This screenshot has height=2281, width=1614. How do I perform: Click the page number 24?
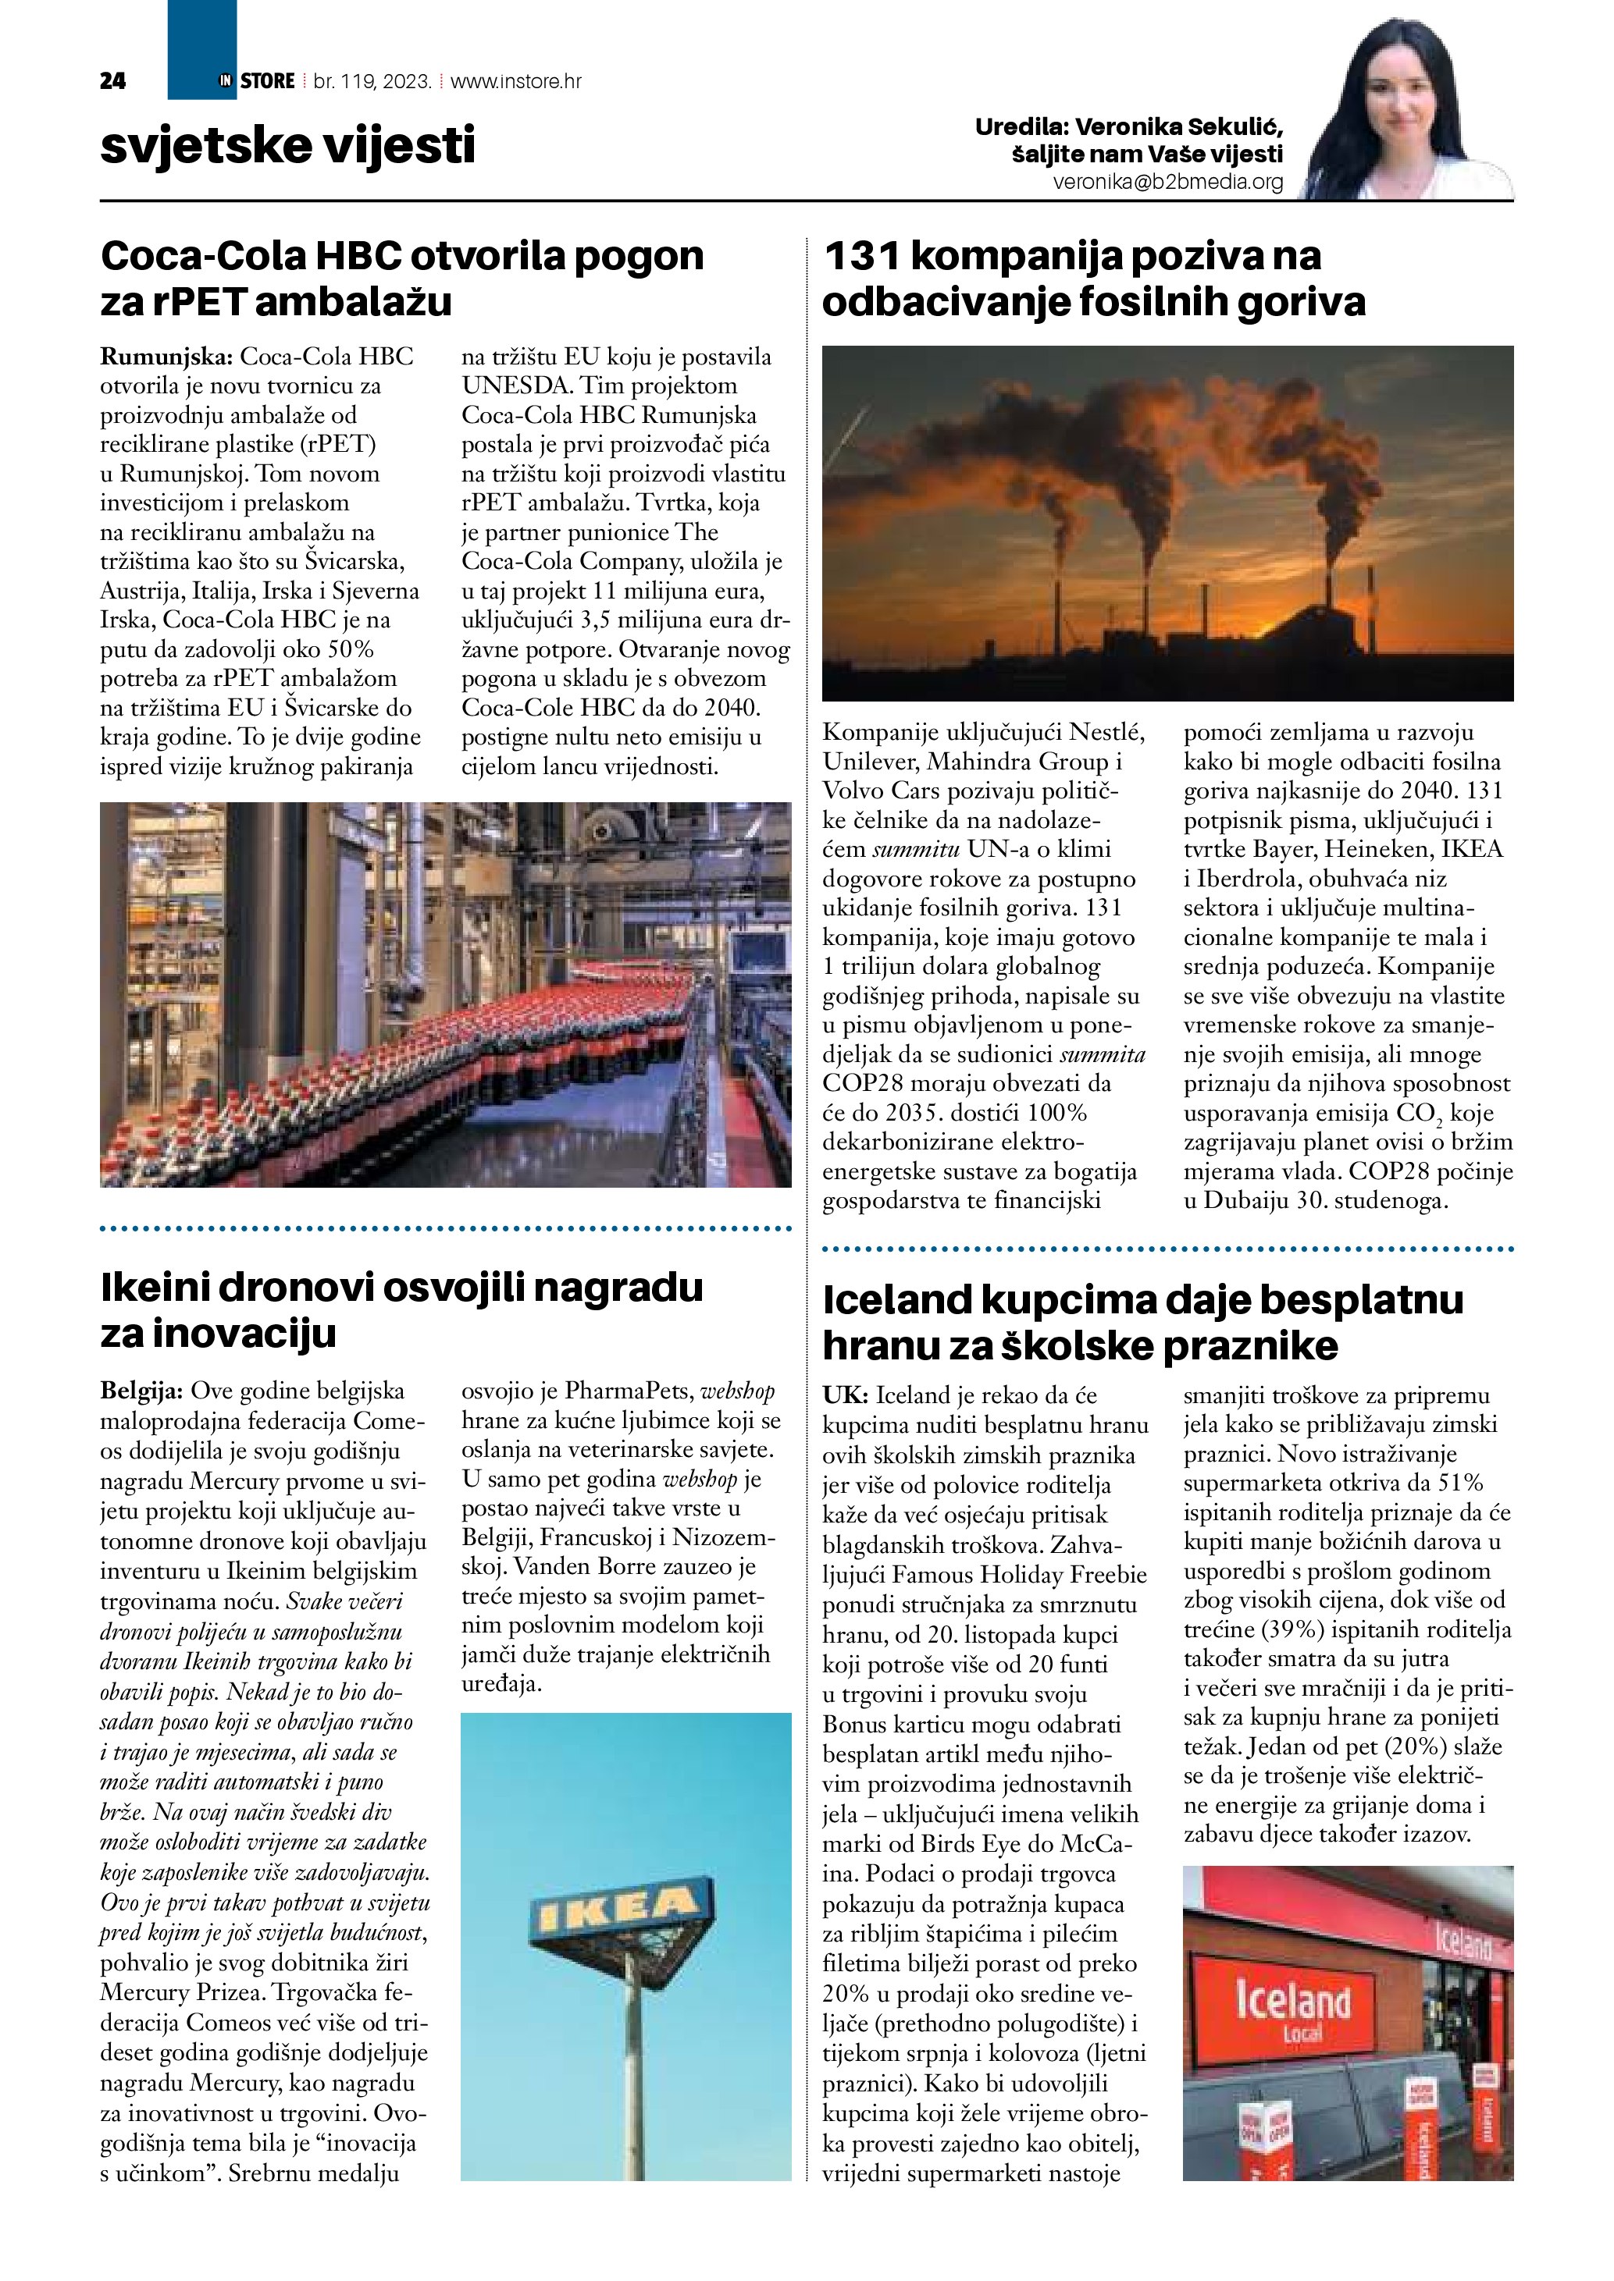pos(112,81)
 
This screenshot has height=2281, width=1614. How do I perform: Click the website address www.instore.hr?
pos(516,81)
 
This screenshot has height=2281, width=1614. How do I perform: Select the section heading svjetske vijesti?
pos(288,145)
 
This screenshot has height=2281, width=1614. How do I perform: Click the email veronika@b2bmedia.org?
pos(1168,183)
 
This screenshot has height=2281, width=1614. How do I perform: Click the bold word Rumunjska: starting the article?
pos(167,357)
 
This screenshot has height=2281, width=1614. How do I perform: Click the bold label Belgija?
pos(141,1391)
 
